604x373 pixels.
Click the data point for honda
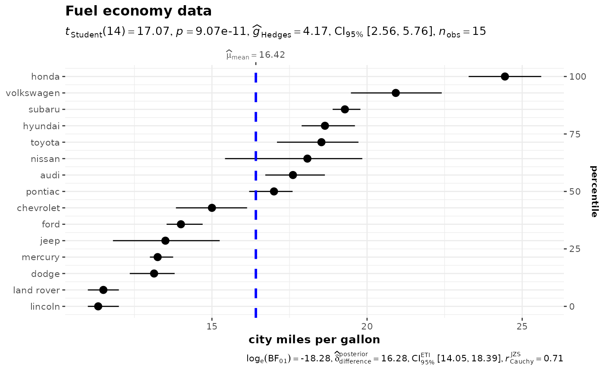pyautogui.click(x=505, y=77)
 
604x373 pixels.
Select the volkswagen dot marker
pyautogui.click(x=396, y=93)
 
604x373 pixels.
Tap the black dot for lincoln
pyautogui.click(x=98, y=306)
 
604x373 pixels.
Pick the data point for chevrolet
pyautogui.click(x=212, y=208)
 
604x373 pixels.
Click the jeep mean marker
pyautogui.click(x=165, y=241)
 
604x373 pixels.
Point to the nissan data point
pyautogui.click(x=307, y=159)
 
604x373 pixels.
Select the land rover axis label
pyautogui.click(x=36, y=290)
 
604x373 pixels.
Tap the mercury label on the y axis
pyautogui.click(x=41, y=257)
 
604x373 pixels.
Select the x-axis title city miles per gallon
pyautogui.click(x=314, y=340)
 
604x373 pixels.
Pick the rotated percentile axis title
pyautogui.click(x=594, y=191)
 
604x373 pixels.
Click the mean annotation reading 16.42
pyautogui.click(x=255, y=55)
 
